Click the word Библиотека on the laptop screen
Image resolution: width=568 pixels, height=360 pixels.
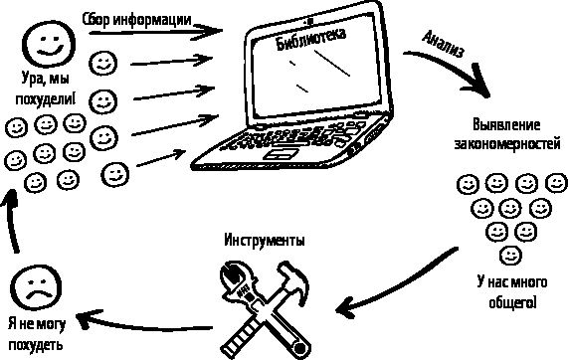pyautogui.click(x=311, y=39)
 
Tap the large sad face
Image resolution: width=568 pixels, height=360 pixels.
pyautogui.click(x=36, y=288)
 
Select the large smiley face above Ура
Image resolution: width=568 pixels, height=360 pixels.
pyautogui.click(x=49, y=44)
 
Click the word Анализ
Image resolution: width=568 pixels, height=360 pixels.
pyautogui.click(x=443, y=44)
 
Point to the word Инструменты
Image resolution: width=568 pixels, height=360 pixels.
pyautogui.click(x=264, y=240)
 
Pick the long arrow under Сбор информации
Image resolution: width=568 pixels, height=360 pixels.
pyautogui.click(x=156, y=32)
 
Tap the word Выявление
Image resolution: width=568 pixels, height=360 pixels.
pyautogui.click(x=506, y=125)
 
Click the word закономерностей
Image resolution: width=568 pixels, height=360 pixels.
pyautogui.click(x=507, y=144)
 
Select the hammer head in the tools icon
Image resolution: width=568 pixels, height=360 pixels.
pyautogui.click(x=294, y=278)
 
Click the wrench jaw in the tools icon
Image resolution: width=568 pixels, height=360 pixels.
pyautogui.click(x=231, y=274)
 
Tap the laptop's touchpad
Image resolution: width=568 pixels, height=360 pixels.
pyautogui.click(x=282, y=153)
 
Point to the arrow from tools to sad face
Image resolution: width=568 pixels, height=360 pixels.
pyautogui.click(x=145, y=323)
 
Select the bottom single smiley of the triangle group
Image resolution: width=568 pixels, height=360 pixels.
pyautogui.click(x=510, y=256)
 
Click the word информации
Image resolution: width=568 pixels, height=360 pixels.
pyautogui.click(x=152, y=19)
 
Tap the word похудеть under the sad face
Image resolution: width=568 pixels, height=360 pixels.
pyautogui.click(x=36, y=344)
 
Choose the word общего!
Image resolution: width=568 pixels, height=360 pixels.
pyautogui.click(x=512, y=302)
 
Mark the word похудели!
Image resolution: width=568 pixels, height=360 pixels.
pyautogui.click(x=46, y=98)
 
